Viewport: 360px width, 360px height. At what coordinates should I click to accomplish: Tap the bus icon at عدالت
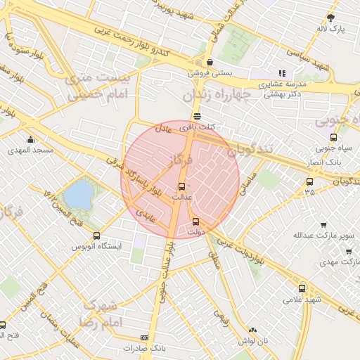183,186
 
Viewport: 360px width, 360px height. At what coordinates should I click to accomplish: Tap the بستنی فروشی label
209,72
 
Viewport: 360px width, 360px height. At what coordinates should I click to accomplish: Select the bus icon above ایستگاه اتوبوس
96,236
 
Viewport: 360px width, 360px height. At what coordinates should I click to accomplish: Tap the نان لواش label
253,341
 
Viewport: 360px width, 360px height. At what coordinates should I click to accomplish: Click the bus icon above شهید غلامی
302,288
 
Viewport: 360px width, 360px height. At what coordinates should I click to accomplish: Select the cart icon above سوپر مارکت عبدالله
323,225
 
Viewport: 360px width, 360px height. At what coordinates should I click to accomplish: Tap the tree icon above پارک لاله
332,18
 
